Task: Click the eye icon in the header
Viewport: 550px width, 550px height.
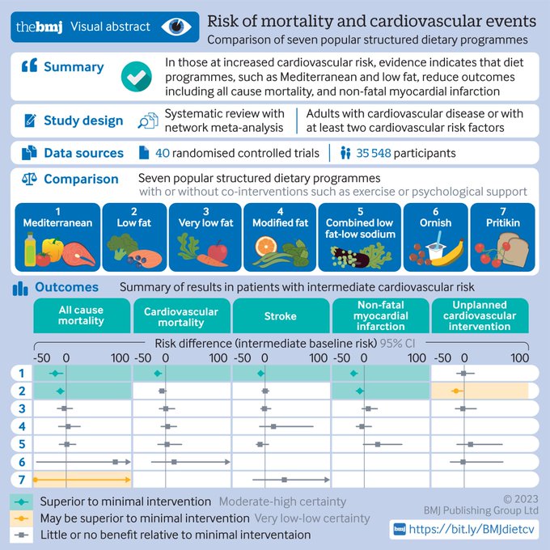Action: pyautogui.click(x=175, y=27)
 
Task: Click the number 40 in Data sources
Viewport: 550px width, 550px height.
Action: pyautogui.click(x=161, y=153)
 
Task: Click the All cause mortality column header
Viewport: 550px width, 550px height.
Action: pyautogui.click(x=81, y=315)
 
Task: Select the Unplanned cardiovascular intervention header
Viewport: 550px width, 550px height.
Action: pyautogui.click(x=480, y=315)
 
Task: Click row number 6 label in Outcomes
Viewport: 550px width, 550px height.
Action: pyautogui.click(x=23, y=461)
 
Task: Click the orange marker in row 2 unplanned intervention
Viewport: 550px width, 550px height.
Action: pyautogui.click(x=456, y=391)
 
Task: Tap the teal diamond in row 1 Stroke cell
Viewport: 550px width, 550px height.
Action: pyautogui.click(x=260, y=374)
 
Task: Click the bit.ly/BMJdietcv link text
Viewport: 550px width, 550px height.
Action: pyautogui.click(x=472, y=529)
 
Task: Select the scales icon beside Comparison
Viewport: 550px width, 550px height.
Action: pyautogui.click(x=27, y=180)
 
